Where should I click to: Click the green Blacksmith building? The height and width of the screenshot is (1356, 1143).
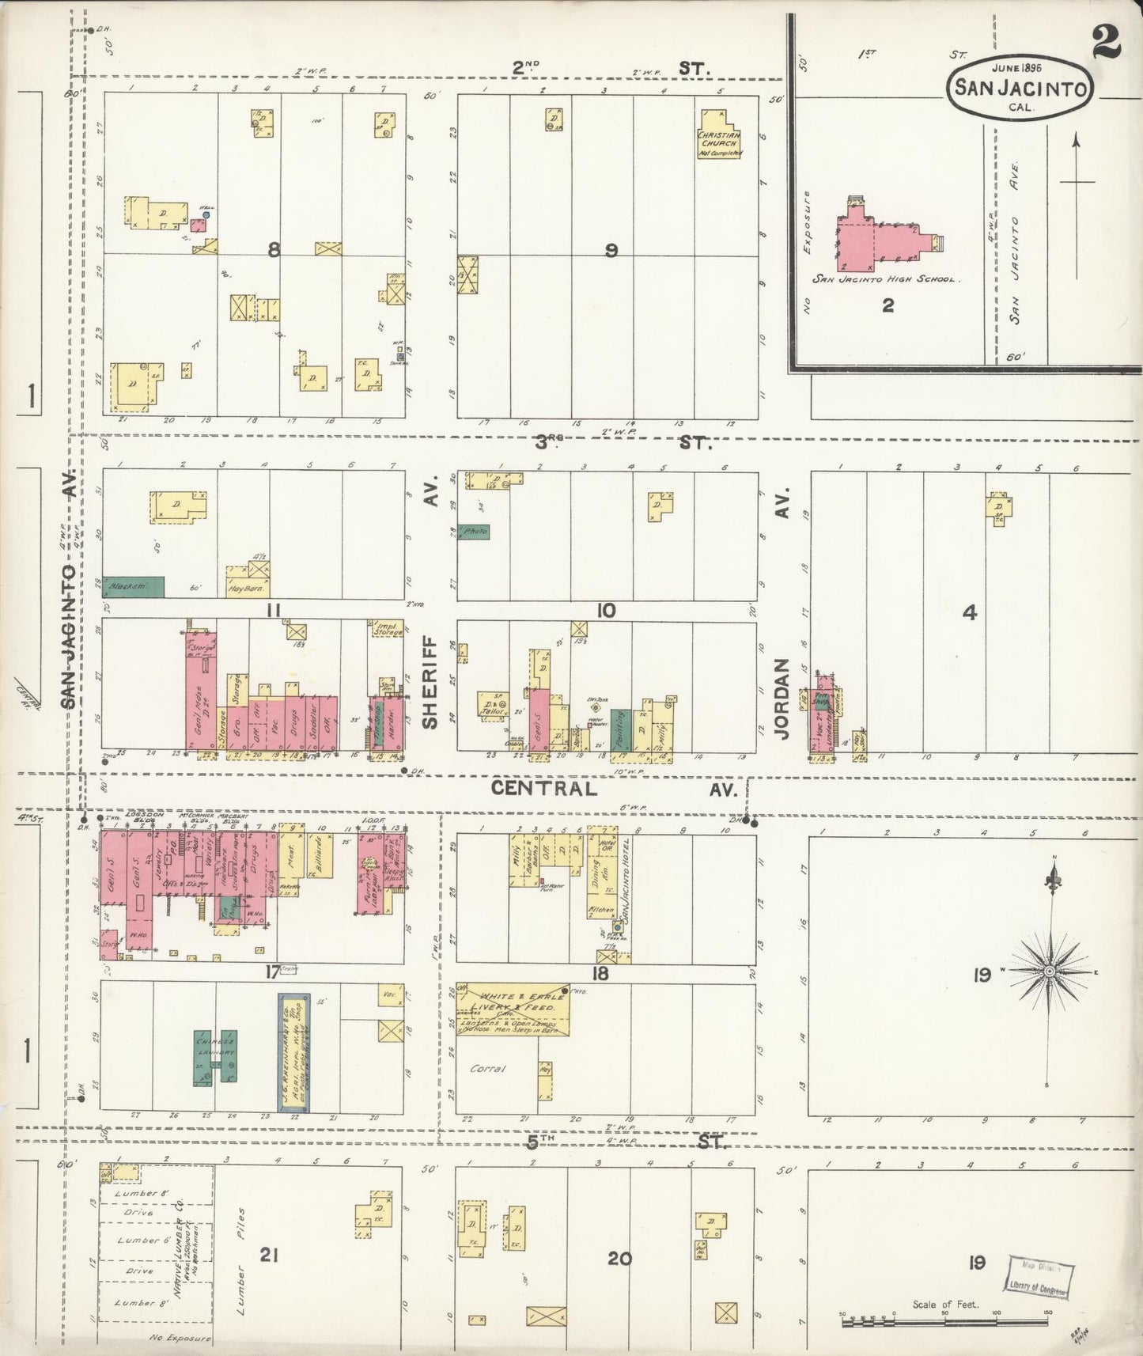pyautogui.click(x=133, y=586)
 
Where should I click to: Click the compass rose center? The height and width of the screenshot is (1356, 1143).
pyautogui.click(x=1049, y=971)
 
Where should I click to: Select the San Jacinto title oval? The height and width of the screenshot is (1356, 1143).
pyautogui.click(x=1020, y=88)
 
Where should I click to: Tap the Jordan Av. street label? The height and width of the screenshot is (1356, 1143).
pyautogui.click(x=782, y=699)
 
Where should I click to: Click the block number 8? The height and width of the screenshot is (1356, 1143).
pyautogui.click(x=274, y=251)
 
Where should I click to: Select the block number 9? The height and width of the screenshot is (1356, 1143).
pyautogui.click(x=610, y=251)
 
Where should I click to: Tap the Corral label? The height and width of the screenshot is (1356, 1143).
pyautogui.click(x=487, y=1069)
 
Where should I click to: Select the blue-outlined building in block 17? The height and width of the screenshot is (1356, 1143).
pyautogui.click(x=293, y=1050)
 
